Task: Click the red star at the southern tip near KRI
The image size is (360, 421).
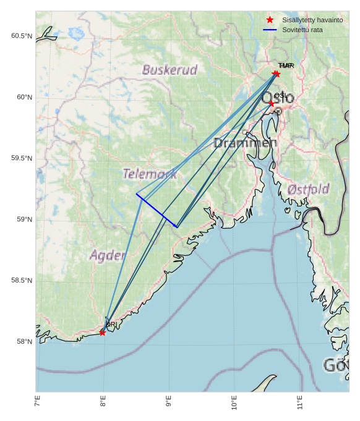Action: pyautogui.click(x=102, y=333)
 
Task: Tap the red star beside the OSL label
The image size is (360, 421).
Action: pyautogui.click(x=272, y=103)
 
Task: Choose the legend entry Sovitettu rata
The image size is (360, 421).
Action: pyautogui.click(x=302, y=30)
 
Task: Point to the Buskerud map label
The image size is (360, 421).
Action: pyautogui.click(x=169, y=70)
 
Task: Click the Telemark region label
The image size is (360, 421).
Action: pyautogui.click(x=150, y=174)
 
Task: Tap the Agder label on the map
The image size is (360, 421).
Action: pyautogui.click(x=108, y=255)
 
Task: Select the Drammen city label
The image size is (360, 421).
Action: pyautogui.click(x=245, y=143)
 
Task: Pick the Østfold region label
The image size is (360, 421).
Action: pyautogui.click(x=309, y=189)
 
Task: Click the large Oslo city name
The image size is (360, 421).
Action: pyautogui.click(x=278, y=98)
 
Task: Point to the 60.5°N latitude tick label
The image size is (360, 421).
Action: pyautogui.click(x=21, y=36)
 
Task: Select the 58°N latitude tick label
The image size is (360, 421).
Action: pyautogui.click(x=24, y=342)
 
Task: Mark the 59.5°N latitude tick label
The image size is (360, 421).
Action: pyautogui.click(x=21, y=158)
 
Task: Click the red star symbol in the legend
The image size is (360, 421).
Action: pyautogui.click(x=270, y=20)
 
